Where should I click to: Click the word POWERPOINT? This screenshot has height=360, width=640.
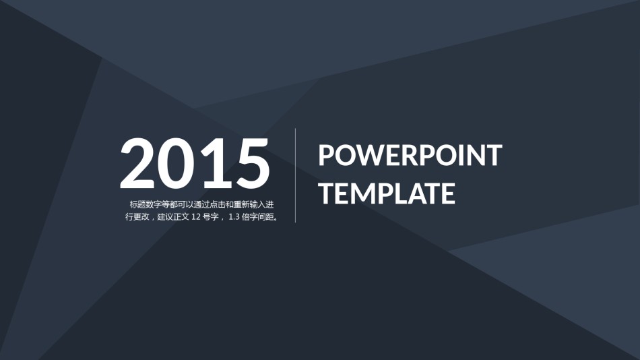click(x=410, y=155)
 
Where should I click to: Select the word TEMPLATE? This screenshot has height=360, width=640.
click(x=387, y=193)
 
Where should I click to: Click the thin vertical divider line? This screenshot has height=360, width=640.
click(x=296, y=175)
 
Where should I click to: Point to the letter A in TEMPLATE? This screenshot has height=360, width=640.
click(x=416, y=193)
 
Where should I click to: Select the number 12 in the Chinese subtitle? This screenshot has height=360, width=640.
click(x=195, y=217)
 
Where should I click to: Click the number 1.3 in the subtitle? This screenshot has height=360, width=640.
click(x=234, y=217)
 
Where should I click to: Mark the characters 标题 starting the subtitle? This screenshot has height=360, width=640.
click(x=137, y=205)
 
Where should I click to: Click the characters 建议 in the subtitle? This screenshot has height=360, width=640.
click(x=165, y=217)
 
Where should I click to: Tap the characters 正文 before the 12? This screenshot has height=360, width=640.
click(x=181, y=217)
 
